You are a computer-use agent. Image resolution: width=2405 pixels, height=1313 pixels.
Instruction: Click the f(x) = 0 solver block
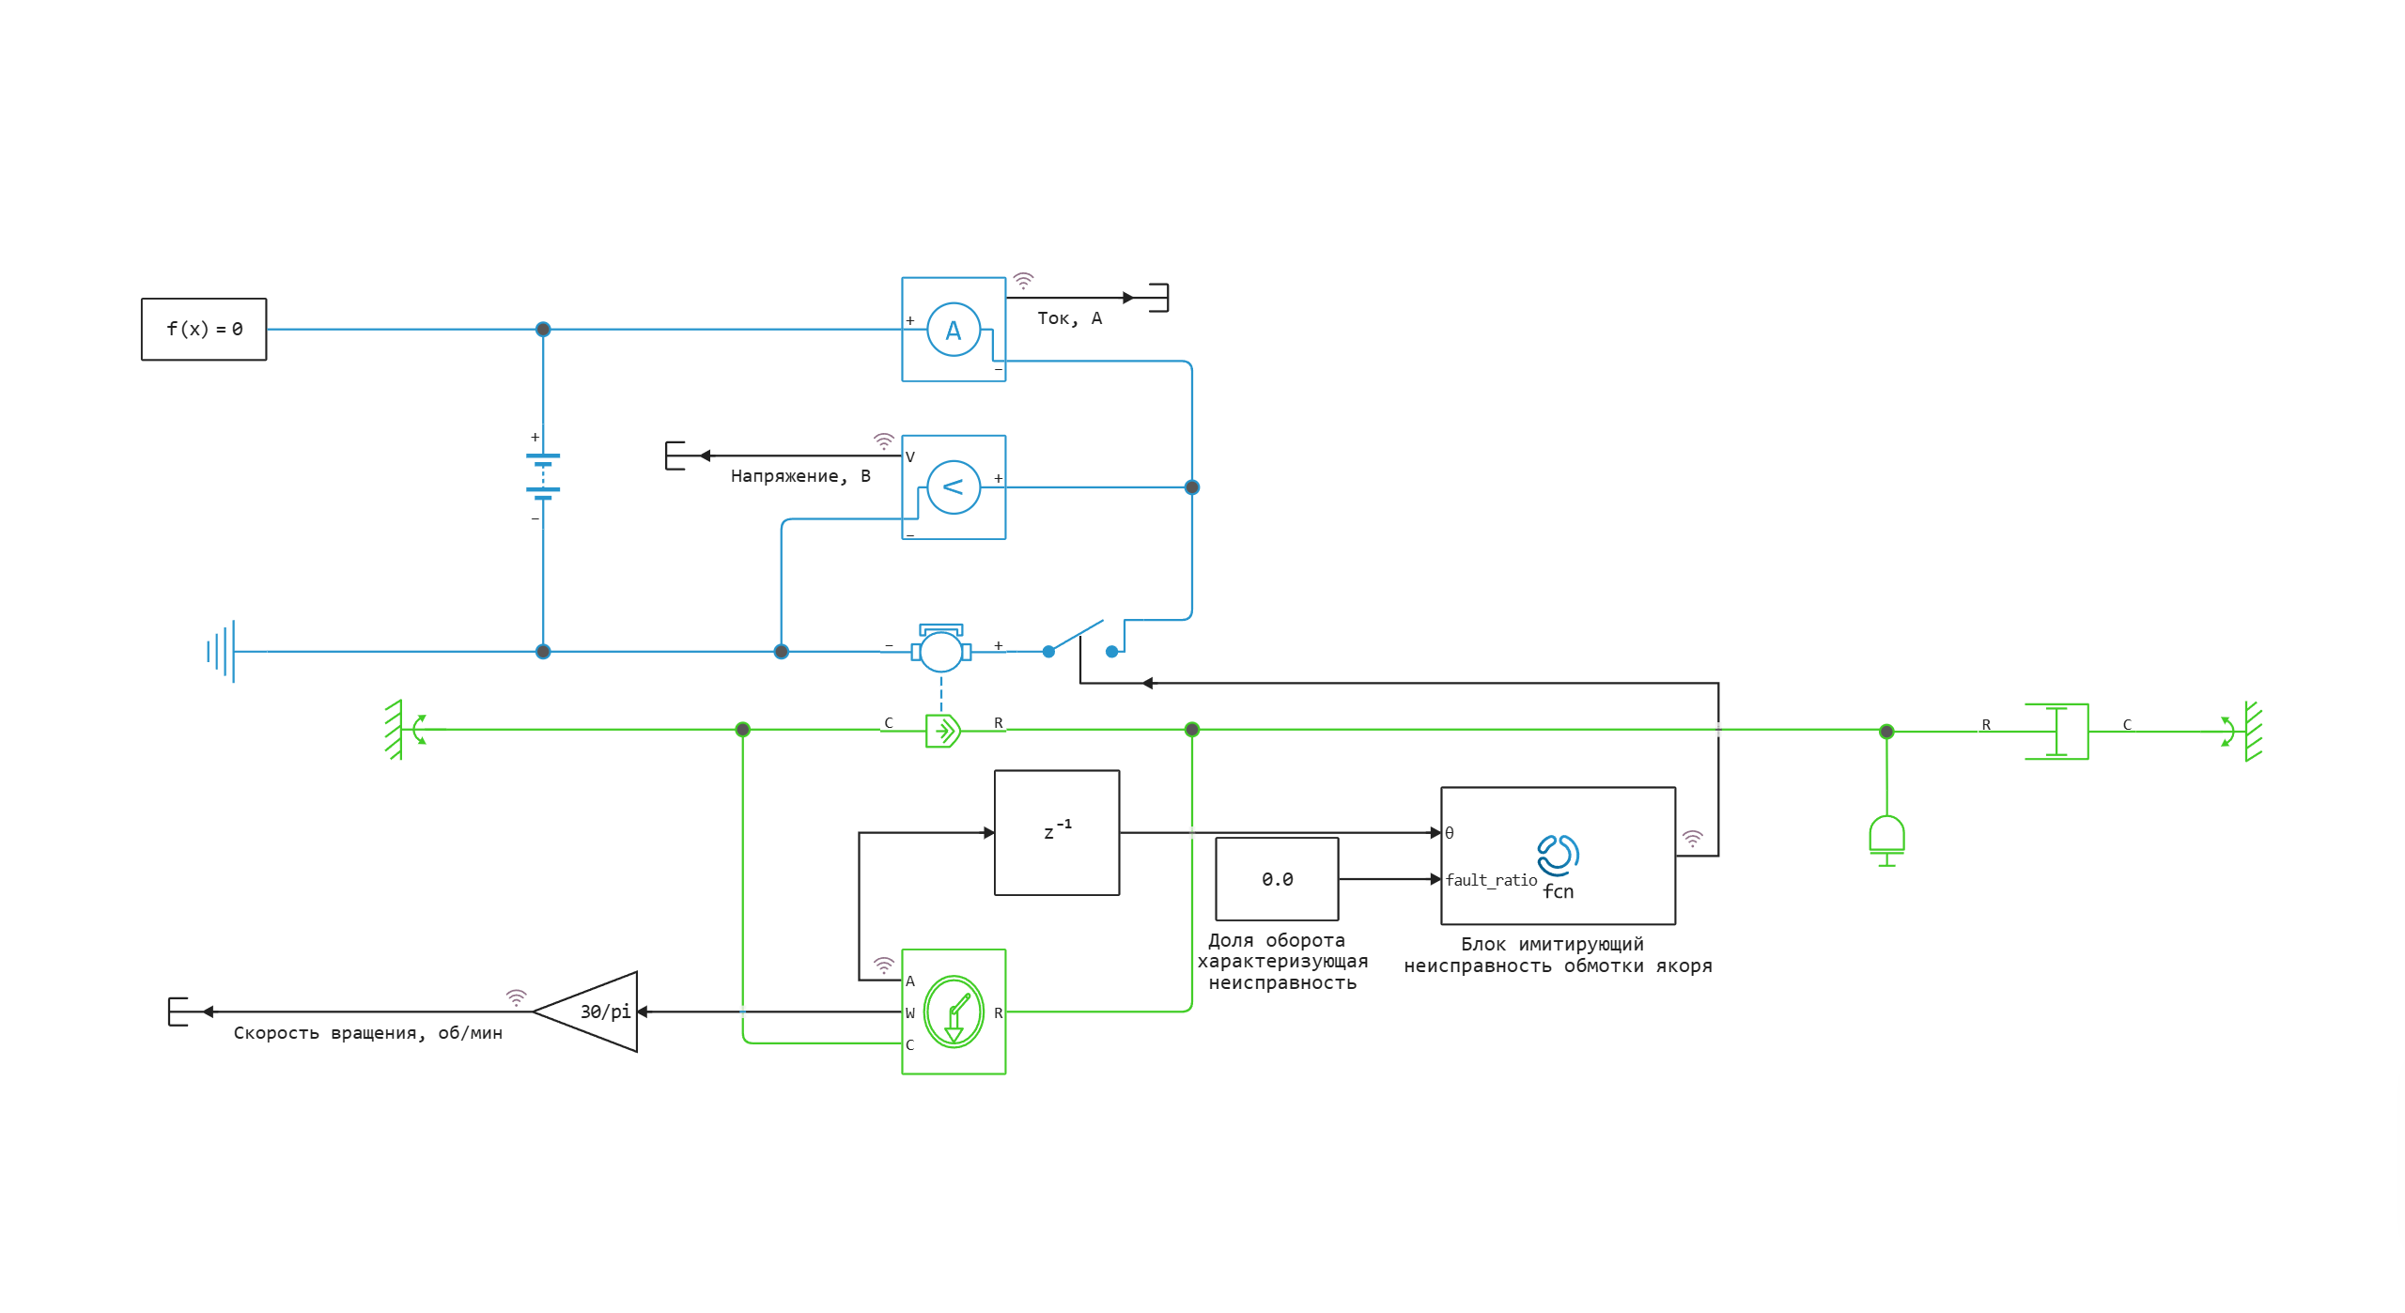[203, 329]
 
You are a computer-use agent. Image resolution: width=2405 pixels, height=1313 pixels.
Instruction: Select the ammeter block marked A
[953, 329]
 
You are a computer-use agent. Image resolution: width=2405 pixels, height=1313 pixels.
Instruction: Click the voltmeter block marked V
[953, 487]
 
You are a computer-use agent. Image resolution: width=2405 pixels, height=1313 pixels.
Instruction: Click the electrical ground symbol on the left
[222, 651]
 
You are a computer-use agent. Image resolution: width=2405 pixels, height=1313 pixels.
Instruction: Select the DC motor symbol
[940, 649]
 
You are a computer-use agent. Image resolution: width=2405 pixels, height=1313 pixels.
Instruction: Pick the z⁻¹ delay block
[1056, 832]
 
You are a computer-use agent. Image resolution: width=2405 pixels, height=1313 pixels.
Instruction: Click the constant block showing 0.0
[1277, 879]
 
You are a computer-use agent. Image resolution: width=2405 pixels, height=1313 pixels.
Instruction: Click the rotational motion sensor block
[953, 1012]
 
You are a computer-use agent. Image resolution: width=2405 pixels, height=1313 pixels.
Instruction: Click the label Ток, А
[1069, 318]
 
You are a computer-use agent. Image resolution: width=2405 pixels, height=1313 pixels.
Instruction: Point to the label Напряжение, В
[800, 476]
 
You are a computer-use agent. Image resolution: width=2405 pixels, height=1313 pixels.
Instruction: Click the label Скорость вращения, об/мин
[367, 1033]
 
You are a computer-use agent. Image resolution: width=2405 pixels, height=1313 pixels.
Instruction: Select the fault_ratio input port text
[1491, 880]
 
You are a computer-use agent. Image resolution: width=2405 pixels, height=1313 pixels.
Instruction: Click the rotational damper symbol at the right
[2056, 731]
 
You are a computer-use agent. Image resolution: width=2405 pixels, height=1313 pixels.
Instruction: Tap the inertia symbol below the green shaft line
[1886, 839]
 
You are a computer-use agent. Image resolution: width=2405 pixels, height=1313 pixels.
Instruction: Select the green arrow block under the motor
[942, 730]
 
